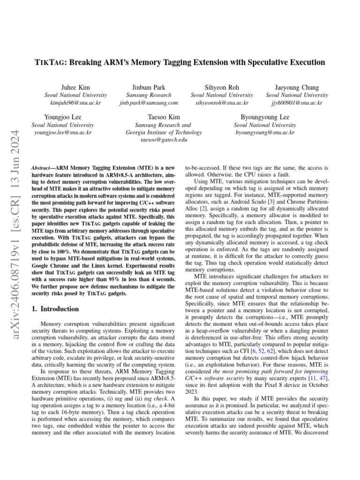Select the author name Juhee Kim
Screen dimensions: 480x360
[75, 87]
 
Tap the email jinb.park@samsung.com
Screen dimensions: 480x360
[149, 103]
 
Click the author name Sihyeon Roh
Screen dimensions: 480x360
[222, 87]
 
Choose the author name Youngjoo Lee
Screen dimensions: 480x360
[62, 117]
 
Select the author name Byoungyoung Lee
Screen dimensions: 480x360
[265, 117]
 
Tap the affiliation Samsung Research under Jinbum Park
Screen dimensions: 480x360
[149, 95]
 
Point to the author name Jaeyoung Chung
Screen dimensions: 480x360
[297, 87]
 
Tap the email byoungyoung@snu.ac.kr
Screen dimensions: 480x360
[265, 132]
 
